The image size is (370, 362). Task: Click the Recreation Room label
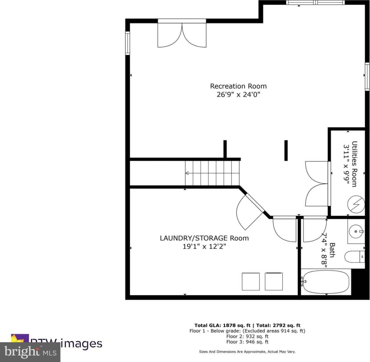coord(238,86)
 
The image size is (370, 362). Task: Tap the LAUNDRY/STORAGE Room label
coord(204,238)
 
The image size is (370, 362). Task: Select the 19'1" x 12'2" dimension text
coord(204,246)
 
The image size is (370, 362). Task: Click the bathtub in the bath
coord(326,282)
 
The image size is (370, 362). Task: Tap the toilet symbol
coord(354,257)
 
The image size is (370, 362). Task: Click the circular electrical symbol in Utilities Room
coord(356,204)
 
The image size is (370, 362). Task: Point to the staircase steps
coord(212,173)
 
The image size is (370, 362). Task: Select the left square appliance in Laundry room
coord(251,281)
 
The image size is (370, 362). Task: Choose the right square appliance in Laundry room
coord(273,281)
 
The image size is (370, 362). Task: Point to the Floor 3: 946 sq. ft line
coord(247,342)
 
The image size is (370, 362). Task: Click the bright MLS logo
coord(30,352)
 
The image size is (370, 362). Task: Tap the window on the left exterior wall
coord(128,43)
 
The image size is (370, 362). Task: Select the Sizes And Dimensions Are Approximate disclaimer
coord(247,352)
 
